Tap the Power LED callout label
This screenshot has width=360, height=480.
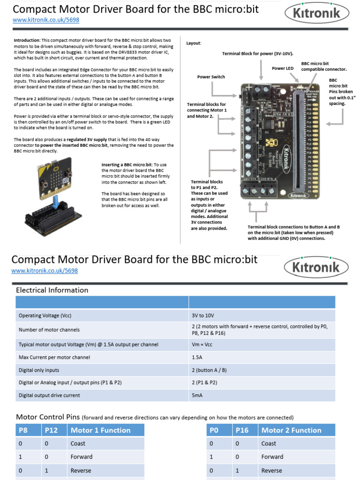pyautogui.click(x=283, y=68)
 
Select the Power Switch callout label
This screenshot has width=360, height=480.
pyautogui.click(x=211, y=77)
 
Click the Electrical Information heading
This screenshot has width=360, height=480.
pyautogui.click(x=52, y=290)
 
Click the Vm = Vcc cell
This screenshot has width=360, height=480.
pyautogui.click(x=203, y=345)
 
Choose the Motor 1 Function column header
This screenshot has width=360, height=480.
pyautogui.click(x=100, y=430)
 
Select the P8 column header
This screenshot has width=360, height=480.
pyautogui.click(x=24, y=430)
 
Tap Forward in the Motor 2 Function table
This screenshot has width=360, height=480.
pyautogui.click(x=272, y=457)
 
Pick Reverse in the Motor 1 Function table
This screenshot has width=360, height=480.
pyautogui.click(x=81, y=470)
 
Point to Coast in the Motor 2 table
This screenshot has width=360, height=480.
pyautogui.click(x=269, y=443)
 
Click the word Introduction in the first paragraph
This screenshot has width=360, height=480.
pyautogui.click(x=27, y=40)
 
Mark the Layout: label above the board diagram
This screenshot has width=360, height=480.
pyautogui.click(x=194, y=43)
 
